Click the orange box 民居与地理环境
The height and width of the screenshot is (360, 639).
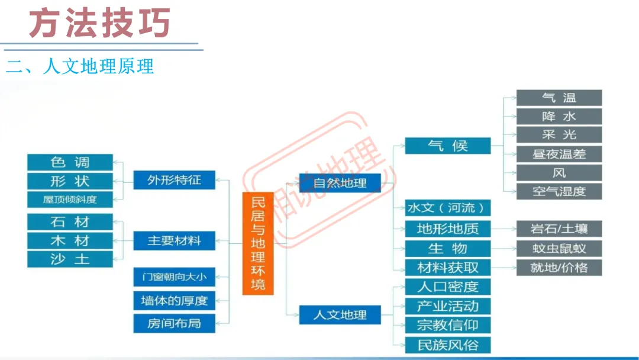(x=258, y=243)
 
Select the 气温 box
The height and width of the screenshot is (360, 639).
(x=559, y=98)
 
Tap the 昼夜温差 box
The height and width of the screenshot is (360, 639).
(x=559, y=154)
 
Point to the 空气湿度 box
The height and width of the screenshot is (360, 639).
(x=559, y=191)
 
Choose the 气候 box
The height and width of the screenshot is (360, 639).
(x=447, y=146)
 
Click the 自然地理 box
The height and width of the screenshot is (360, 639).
(x=340, y=183)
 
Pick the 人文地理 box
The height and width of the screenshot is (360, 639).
(x=340, y=315)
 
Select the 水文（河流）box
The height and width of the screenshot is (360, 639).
(x=447, y=208)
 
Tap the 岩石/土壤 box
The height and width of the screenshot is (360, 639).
(x=559, y=229)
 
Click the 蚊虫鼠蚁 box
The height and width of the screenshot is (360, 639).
(x=559, y=248)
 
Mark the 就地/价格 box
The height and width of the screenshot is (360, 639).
(x=559, y=267)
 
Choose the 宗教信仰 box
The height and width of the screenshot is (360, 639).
(x=447, y=325)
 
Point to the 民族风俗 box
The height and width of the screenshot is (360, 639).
(x=447, y=345)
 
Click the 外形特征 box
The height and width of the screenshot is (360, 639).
(x=174, y=180)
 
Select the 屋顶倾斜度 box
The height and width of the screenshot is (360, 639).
(x=70, y=200)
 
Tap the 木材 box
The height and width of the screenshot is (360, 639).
(x=70, y=241)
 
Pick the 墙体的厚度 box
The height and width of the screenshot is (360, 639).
(x=174, y=300)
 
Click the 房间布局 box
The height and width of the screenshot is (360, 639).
(x=174, y=324)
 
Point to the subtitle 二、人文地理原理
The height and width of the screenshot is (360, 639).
(x=80, y=66)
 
